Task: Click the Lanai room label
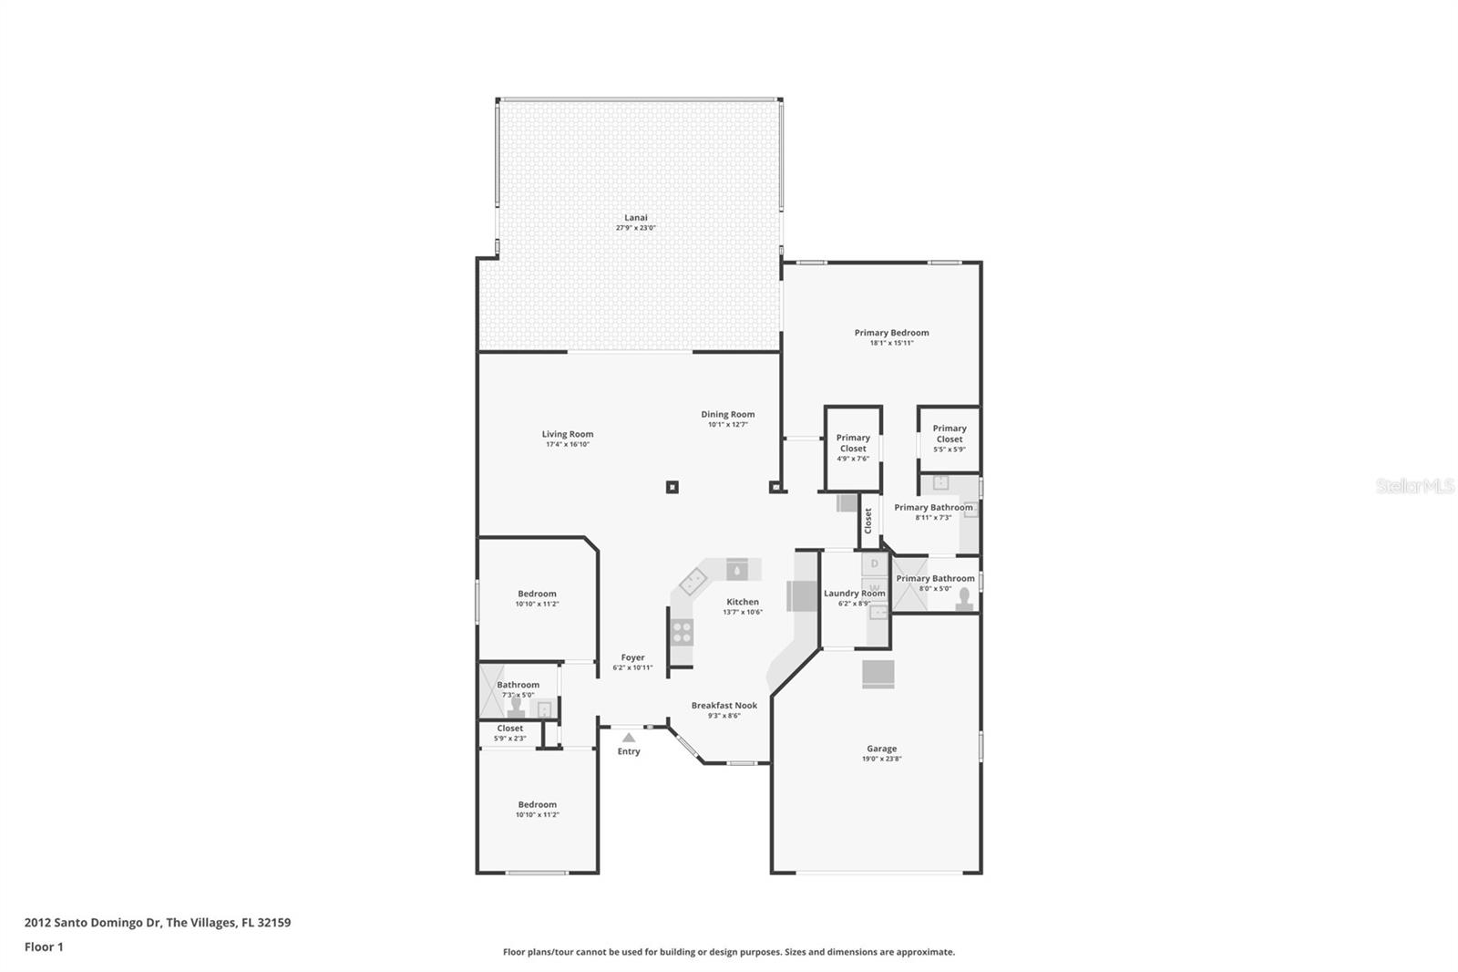tap(636, 218)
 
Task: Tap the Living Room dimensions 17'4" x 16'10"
tap(568, 445)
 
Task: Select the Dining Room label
tap(727, 414)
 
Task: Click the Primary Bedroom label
tap(891, 333)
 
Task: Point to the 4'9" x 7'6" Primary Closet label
tap(853, 447)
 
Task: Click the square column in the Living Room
tap(672, 487)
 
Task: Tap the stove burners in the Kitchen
tap(682, 631)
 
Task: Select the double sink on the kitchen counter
tap(693, 581)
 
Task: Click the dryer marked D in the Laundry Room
tap(875, 564)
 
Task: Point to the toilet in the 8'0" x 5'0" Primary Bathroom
tap(964, 599)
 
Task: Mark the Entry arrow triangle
tap(628, 737)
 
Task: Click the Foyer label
tap(632, 657)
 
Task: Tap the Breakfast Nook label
tap(724, 706)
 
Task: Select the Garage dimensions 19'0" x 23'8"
tap(881, 759)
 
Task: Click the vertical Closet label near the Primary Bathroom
tap(868, 521)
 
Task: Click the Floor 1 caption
tap(44, 946)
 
